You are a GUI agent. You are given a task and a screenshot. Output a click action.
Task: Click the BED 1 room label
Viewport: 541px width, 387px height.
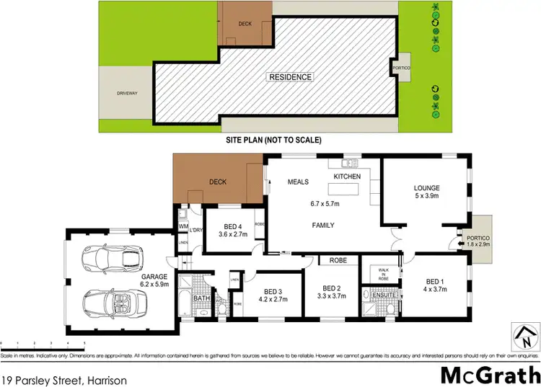(x=435, y=286)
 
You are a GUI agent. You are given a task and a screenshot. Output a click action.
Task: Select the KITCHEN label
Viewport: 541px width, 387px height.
(x=346, y=176)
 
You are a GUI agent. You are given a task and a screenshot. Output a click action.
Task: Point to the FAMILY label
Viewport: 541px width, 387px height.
(x=322, y=226)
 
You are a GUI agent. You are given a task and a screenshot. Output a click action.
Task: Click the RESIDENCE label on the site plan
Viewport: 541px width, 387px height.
(x=291, y=77)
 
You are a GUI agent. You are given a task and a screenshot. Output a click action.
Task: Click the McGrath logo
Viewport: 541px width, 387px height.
(x=490, y=375)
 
